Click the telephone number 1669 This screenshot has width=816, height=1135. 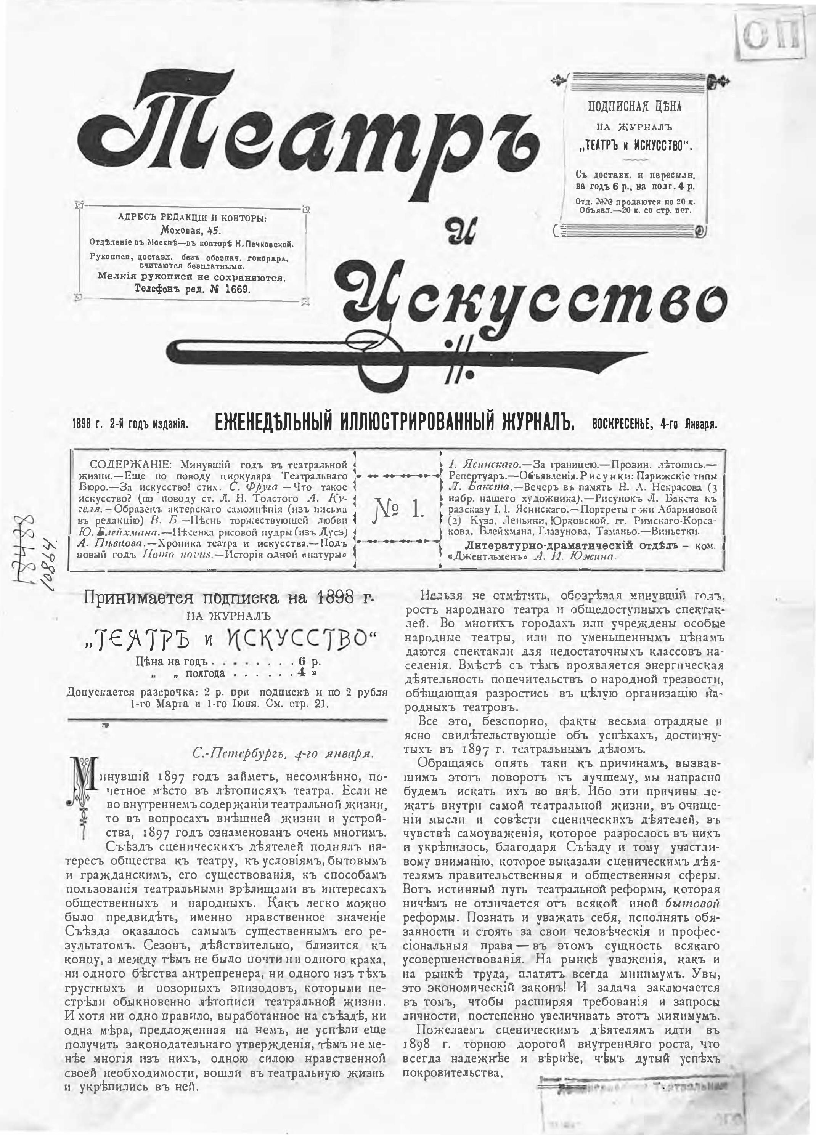(x=235, y=289)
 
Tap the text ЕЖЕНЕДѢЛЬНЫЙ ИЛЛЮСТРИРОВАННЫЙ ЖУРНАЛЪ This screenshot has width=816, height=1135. (x=394, y=423)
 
